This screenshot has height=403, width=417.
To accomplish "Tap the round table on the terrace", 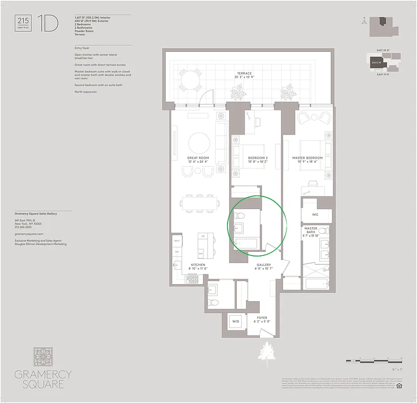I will click(x=190, y=79).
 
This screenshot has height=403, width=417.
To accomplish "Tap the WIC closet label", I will click(x=315, y=215).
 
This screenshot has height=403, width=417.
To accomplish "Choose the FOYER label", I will click(x=262, y=318).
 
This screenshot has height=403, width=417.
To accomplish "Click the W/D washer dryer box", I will click(x=235, y=321).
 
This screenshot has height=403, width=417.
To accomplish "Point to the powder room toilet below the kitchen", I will click(x=213, y=302).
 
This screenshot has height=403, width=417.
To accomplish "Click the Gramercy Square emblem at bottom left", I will click(x=43, y=357).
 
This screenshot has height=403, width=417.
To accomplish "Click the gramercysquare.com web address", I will click(x=29, y=234).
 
